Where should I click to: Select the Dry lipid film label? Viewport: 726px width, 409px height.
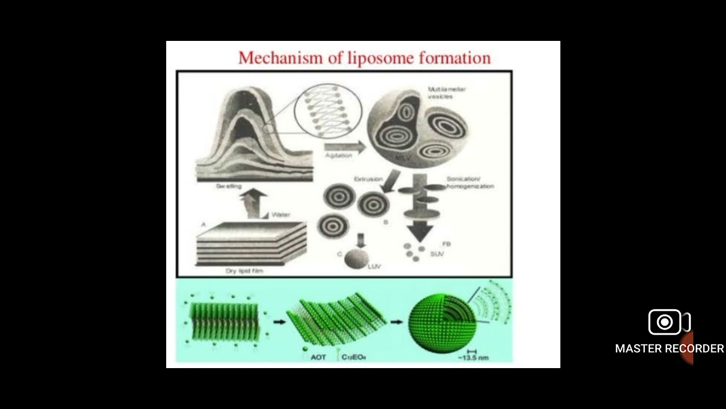click(244, 271)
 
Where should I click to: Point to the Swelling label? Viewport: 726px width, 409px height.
click(229, 186)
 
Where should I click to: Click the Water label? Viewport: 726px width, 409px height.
click(281, 215)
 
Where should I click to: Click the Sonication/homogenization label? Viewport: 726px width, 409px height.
click(470, 182)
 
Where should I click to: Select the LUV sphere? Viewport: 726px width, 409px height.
click(357, 259)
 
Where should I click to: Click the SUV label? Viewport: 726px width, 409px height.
click(437, 254)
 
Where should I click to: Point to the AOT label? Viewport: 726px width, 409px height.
click(318, 357)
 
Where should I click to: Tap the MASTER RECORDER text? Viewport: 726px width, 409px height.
click(669, 348)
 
